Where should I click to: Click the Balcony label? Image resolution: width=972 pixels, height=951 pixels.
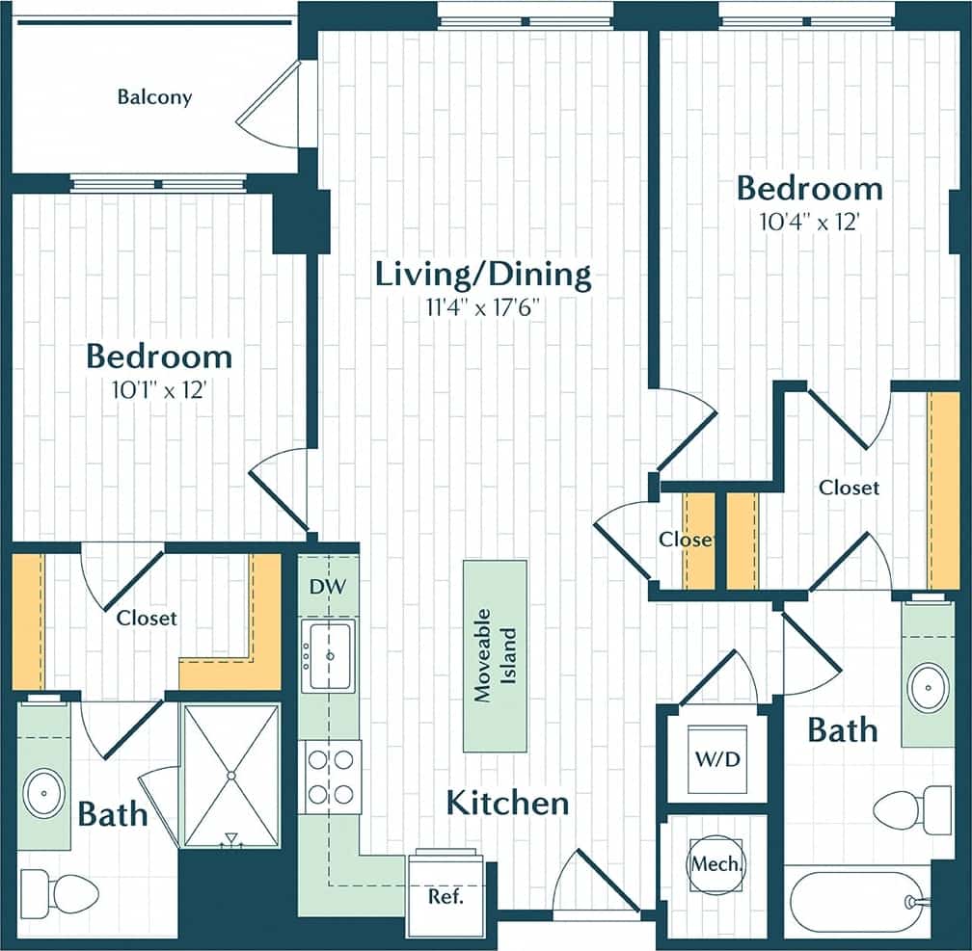[x=154, y=97]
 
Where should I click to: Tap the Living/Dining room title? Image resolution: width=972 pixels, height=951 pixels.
[x=483, y=275]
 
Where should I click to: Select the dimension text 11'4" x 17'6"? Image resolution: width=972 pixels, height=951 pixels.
[x=483, y=308]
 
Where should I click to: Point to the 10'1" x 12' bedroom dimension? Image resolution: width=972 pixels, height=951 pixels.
[x=159, y=391]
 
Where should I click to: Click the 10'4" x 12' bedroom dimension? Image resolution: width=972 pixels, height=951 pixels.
[x=809, y=222]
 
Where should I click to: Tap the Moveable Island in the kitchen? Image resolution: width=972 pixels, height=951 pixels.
[x=495, y=655]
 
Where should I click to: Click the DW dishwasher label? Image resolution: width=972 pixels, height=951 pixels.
[x=321, y=586]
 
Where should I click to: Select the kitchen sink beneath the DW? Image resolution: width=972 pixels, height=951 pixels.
[x=329, y=655]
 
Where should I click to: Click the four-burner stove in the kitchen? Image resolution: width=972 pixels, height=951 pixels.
[x=329, y=777]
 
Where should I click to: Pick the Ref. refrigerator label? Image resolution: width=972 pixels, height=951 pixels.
[x=445, y=896]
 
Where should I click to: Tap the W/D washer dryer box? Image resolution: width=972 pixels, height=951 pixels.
[x=718, y=758]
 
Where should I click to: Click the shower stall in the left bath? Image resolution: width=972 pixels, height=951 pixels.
[x=230, y=776]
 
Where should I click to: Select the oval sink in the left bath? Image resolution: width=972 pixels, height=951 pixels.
[x=43, y=792]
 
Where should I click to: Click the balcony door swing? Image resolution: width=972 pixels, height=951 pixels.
[x=273, y=106]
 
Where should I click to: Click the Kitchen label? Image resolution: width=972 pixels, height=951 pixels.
[x=507, y=802]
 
